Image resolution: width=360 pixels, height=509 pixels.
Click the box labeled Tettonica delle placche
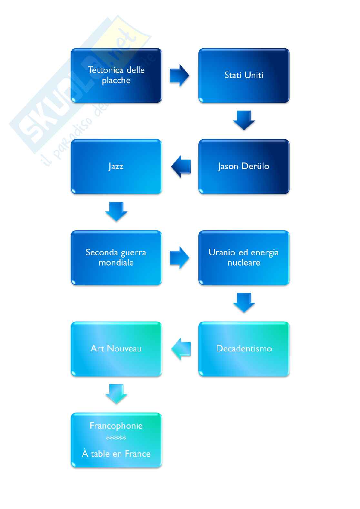coord(116,75)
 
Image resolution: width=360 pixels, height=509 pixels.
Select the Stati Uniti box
coord(244,75)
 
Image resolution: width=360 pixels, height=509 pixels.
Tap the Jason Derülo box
coord(244,167)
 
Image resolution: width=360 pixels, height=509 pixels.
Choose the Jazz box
coord(116,167)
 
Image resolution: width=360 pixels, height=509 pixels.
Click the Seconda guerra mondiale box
coord(116,258)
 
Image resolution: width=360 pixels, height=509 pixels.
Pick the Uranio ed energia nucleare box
coord(244,258)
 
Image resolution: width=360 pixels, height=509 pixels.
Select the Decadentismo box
coord(244,349)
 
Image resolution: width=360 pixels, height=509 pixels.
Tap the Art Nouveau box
coord(116,349)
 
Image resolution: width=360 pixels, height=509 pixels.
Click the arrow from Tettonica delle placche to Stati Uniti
coord(179,75)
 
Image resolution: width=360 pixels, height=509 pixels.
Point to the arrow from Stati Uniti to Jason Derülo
coord(244,121)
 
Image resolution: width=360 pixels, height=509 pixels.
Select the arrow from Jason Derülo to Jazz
coord(181,167)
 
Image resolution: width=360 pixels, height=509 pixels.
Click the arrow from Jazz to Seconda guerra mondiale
coord(116,211)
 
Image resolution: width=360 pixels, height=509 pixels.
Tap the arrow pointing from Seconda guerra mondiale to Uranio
coord(179,258)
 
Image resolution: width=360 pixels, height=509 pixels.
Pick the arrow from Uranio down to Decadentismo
coord(244,303)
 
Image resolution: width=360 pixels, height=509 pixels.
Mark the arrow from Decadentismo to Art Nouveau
coord(181,349)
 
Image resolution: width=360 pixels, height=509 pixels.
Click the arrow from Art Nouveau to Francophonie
coord(116,394)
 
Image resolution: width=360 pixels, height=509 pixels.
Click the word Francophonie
coord(116,426)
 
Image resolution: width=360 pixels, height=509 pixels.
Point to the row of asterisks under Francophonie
coord(116,437)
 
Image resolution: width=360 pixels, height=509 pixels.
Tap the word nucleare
coord(244,263)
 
